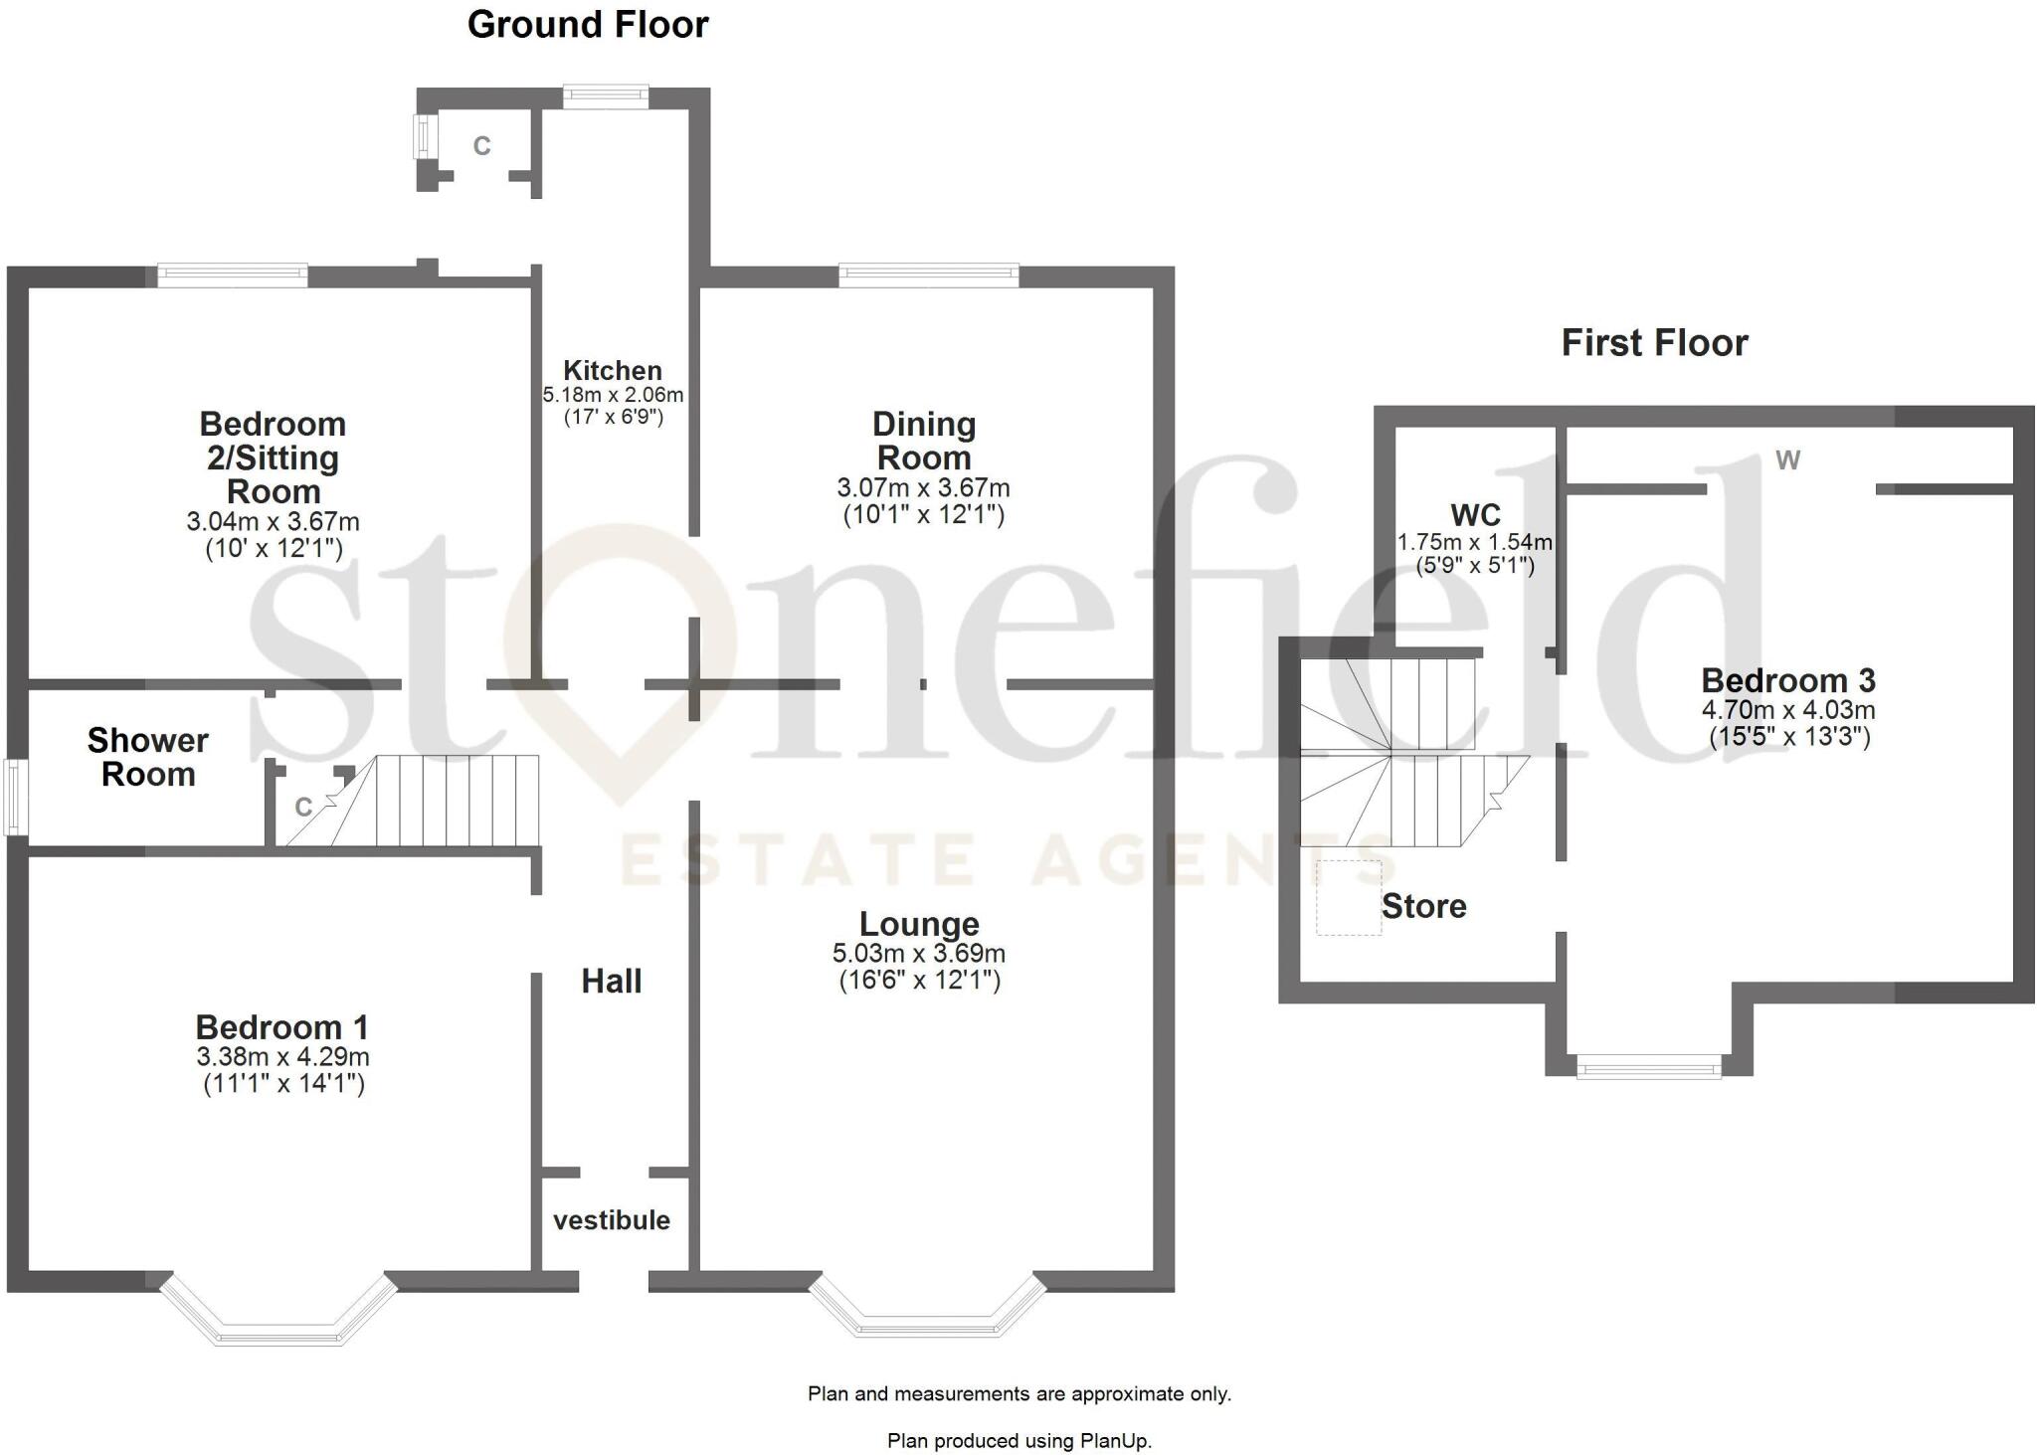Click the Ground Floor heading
point(588,25)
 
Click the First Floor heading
point(1654,343)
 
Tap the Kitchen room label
point(612,371)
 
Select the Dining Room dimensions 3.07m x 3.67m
point(923,488)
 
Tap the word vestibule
point(612,1220)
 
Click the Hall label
point(612,982)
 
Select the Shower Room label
point(147,757)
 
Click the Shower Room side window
point(14,797)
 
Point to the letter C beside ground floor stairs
point(304,807)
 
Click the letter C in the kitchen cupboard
point(481,146)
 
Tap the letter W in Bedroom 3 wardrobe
point(1787,460)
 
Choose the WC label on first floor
point(1475,515)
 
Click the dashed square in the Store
point(1349,898)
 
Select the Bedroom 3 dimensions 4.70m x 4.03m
point(1788,710)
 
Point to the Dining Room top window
point(929,274)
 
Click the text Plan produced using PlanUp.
point(1018,1440)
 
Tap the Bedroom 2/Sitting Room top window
point(233,274)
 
